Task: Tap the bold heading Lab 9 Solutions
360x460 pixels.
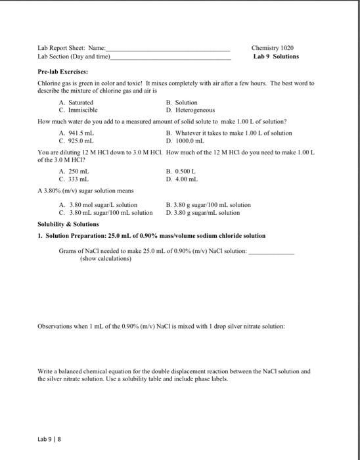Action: coord(276,57)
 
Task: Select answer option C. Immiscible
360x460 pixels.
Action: coord(78,110)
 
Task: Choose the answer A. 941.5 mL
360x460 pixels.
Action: coord(77,133)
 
